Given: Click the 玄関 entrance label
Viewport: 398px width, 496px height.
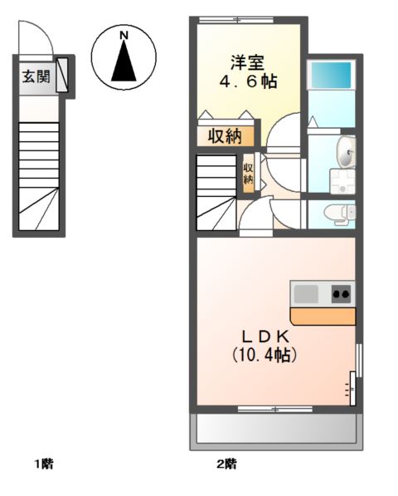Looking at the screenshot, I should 36,77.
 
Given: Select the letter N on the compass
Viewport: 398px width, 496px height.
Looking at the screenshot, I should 123,36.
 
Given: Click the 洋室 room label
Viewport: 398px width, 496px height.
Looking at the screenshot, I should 248,61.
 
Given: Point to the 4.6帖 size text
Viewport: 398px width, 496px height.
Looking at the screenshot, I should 248,81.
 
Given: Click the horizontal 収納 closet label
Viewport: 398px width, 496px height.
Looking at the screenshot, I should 225,136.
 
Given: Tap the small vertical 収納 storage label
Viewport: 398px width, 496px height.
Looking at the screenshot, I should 248,174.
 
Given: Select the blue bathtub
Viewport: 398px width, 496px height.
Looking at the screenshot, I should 331,76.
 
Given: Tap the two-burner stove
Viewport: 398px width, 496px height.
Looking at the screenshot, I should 340,292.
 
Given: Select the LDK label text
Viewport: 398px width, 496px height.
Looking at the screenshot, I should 264,336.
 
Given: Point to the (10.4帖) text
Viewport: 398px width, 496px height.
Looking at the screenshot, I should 264,355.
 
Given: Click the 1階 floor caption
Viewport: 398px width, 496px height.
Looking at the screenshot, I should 43,464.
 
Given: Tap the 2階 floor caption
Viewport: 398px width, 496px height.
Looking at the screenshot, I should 227,464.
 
